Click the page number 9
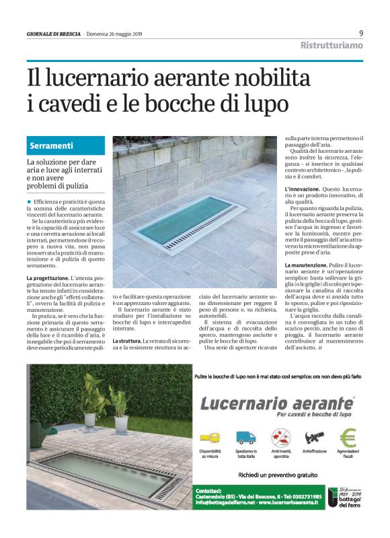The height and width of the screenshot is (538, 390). coord(361,33)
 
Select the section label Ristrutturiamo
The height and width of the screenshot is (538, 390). coord(331,46)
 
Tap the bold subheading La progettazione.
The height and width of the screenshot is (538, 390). coord(48,278)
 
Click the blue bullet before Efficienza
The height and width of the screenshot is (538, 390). coord(29,202)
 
